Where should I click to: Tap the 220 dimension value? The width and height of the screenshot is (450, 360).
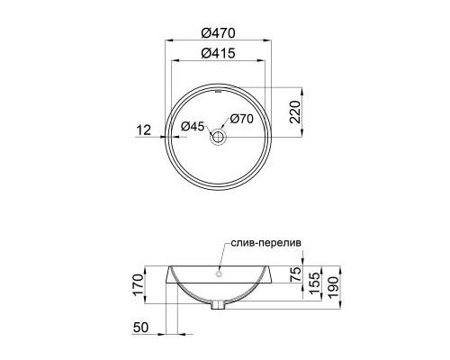point(293,112)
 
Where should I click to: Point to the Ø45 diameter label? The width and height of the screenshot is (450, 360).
point(193,126)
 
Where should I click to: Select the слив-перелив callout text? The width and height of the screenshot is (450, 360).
point(268,241)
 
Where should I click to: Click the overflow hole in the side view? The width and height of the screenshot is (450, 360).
point(220,272)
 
